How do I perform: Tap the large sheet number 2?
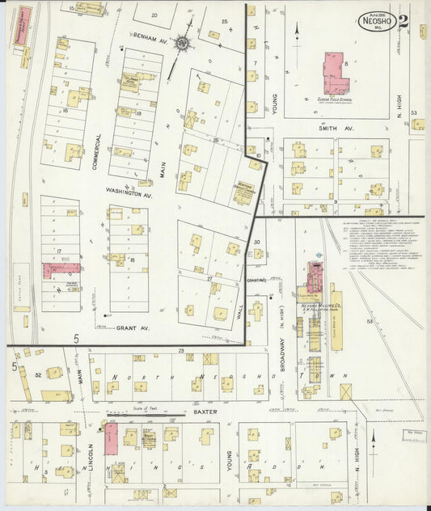point(403,21)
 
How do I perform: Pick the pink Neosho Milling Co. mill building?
point(314,278)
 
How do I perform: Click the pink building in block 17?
point(61,270)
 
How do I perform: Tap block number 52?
point(38,374)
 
